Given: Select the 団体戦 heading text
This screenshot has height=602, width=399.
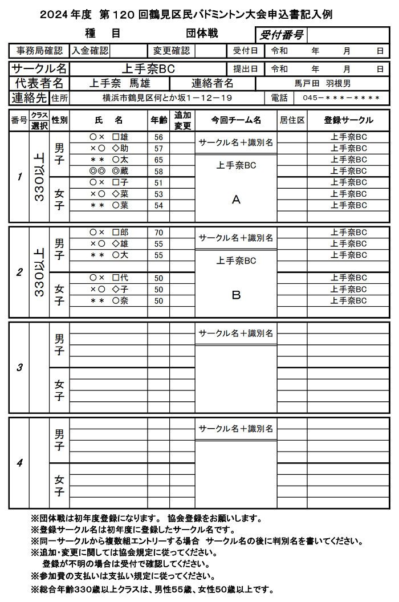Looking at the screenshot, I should point(202,34).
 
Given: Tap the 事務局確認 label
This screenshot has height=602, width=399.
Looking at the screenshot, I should point(39,51).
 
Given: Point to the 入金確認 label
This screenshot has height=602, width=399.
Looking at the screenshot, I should point(89,51).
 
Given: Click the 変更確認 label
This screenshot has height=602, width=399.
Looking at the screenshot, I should point(172,51).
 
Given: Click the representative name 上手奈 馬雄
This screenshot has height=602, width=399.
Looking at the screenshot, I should point(120,83).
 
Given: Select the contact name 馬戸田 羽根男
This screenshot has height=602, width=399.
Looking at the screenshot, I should point(323,83).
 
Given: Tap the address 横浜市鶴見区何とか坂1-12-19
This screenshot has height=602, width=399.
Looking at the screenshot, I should point(167,98).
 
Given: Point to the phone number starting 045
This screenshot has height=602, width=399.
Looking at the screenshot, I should point(341,98).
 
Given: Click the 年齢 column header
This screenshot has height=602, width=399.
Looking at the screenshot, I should point(159,120).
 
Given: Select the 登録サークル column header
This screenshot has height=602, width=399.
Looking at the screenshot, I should point(349,120).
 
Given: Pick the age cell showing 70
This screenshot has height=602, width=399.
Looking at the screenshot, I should point(159,233).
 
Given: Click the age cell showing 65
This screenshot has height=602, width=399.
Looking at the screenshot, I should point(159,160).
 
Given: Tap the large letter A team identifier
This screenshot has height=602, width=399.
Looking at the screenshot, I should point(236,200).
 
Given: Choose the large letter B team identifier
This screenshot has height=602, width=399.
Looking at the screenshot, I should point(236,295).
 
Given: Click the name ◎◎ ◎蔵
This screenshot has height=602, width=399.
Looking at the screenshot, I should point(109,171).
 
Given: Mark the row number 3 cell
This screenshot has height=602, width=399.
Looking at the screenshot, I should point(19,367).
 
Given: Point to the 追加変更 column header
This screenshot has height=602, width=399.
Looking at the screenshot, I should point(182,120).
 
